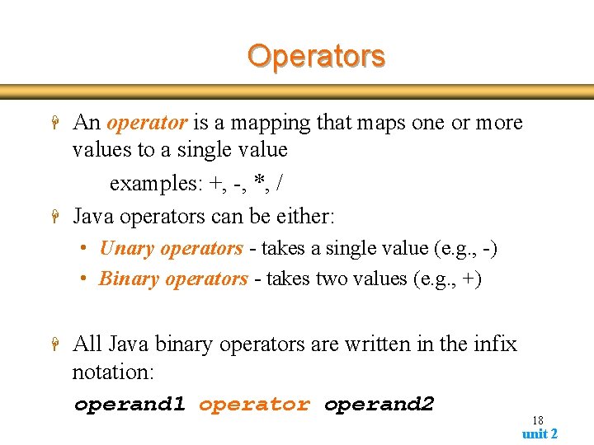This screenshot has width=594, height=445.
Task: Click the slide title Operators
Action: [x=316, y=56]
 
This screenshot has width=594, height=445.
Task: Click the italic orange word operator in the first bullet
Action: [x=147, y=123]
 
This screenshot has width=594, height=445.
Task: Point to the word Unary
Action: [x=127, y=248]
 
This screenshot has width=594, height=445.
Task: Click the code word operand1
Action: [x=130, y=405]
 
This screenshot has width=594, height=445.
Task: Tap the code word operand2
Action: [x=379, y=405]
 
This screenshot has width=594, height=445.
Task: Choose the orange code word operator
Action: [x=254, y=405]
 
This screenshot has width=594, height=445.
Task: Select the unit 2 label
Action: [x=540, y=433]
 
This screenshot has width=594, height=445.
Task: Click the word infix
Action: [x=491, y=344]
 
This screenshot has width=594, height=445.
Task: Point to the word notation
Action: [x=113, y=372]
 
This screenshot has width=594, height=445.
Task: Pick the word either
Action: [x=306, y=217]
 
